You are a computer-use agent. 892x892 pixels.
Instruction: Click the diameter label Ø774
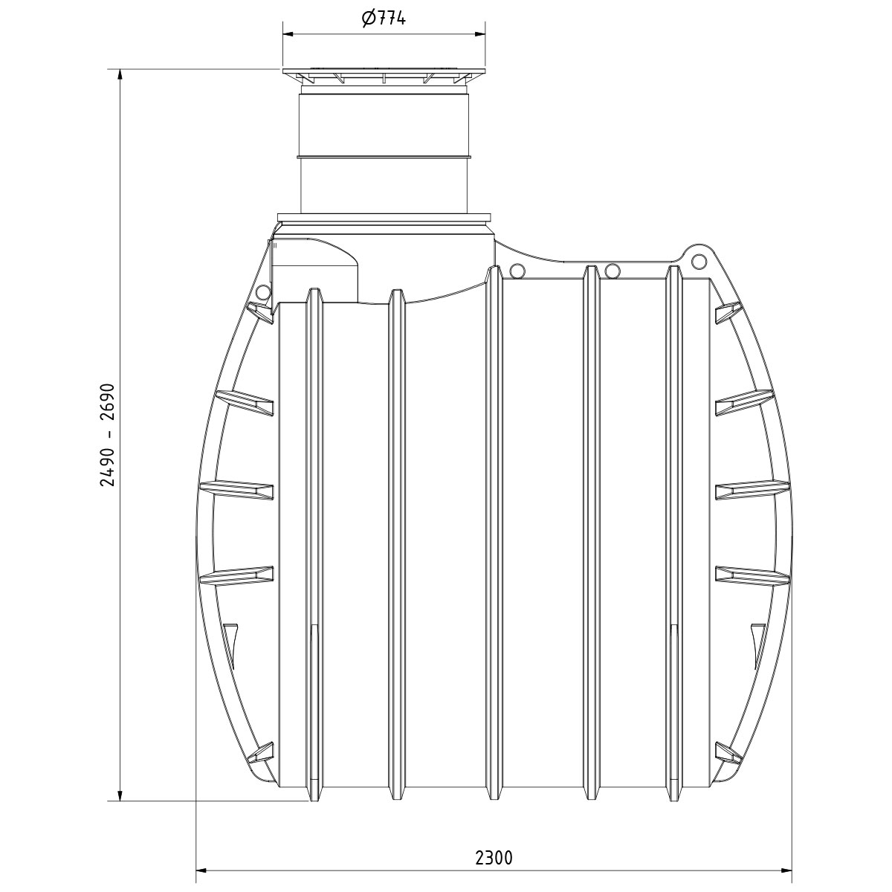click(384, 19)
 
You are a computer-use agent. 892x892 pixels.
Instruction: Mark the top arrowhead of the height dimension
click(120, 76)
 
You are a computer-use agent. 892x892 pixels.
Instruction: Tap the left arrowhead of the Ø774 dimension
click(289, 33)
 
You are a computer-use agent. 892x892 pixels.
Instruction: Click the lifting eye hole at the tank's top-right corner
click(697, 261)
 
